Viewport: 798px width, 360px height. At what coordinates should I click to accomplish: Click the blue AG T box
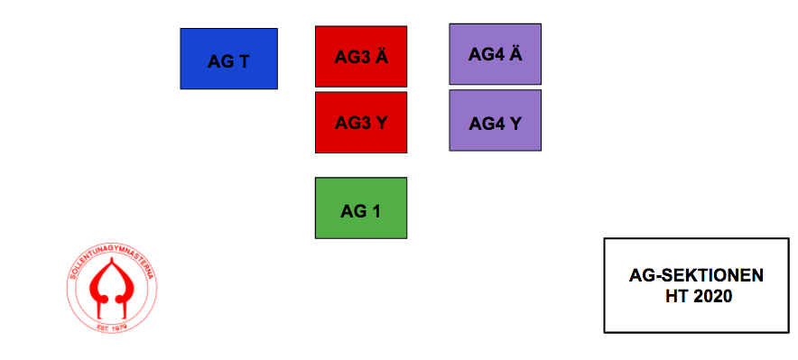click(x=228, y=59)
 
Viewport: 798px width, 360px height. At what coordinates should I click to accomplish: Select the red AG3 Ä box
click(x=361, y=57)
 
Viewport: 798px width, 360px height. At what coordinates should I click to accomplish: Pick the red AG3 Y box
click(x=361, y=122)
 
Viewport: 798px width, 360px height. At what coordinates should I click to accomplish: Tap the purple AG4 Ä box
click(x=496, y=54)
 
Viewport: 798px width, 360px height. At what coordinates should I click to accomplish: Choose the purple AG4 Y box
click(x=496, y=120)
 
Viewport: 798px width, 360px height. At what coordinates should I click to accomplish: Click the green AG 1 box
click(x=361, y=208)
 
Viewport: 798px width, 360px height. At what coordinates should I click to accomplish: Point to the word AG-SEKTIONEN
click(x=696, y=275)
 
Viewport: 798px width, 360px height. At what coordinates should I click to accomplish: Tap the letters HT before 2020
click(x=674, y=296)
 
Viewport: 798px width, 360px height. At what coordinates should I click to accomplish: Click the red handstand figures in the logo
click(x=111, y=287)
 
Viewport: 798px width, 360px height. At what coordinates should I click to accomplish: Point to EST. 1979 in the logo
click(x=111, y=326)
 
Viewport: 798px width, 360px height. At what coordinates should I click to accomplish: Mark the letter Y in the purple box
click(x=515, y=124)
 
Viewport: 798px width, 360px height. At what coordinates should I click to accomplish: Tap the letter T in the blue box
click(x=243, y=62)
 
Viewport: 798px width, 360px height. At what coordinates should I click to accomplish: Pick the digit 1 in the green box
click(x=376, y=211)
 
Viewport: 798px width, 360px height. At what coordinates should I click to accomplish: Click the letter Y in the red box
click(x=381, y=123)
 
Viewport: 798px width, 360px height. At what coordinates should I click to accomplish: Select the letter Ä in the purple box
click(x=515, y=53)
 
